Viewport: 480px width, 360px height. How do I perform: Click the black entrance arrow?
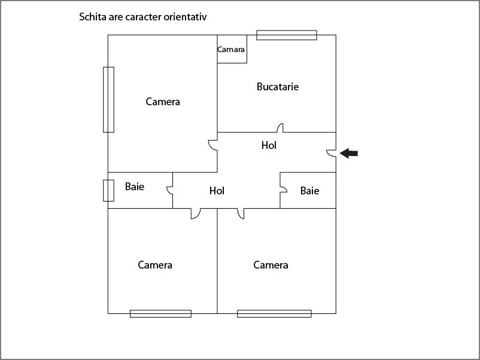point(349,153)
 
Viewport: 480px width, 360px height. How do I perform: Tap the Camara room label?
point(231,50)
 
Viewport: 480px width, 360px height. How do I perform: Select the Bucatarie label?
point(278,87)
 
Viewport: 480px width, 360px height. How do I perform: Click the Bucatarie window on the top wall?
point(287,35)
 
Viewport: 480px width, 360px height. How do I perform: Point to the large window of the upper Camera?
point(109,100)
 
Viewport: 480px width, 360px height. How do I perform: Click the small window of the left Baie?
point(109,191)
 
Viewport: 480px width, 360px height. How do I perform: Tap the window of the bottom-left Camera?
point(161,313)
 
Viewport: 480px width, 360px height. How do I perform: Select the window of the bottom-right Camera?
point(274,313)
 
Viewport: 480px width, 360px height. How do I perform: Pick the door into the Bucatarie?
point(280,128)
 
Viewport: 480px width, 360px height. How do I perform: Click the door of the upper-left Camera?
point(212,145)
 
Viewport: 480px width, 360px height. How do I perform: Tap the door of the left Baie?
point(170,191)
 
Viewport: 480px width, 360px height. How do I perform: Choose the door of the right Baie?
point(284,190)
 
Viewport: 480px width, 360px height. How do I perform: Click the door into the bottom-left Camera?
point(196,213)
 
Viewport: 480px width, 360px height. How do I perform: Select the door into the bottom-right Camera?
point(241,213)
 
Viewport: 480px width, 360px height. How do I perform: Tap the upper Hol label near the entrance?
point(269,145)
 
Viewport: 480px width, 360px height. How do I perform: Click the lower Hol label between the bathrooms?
point(217,191)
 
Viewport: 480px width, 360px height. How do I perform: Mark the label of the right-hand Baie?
point(310,191)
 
